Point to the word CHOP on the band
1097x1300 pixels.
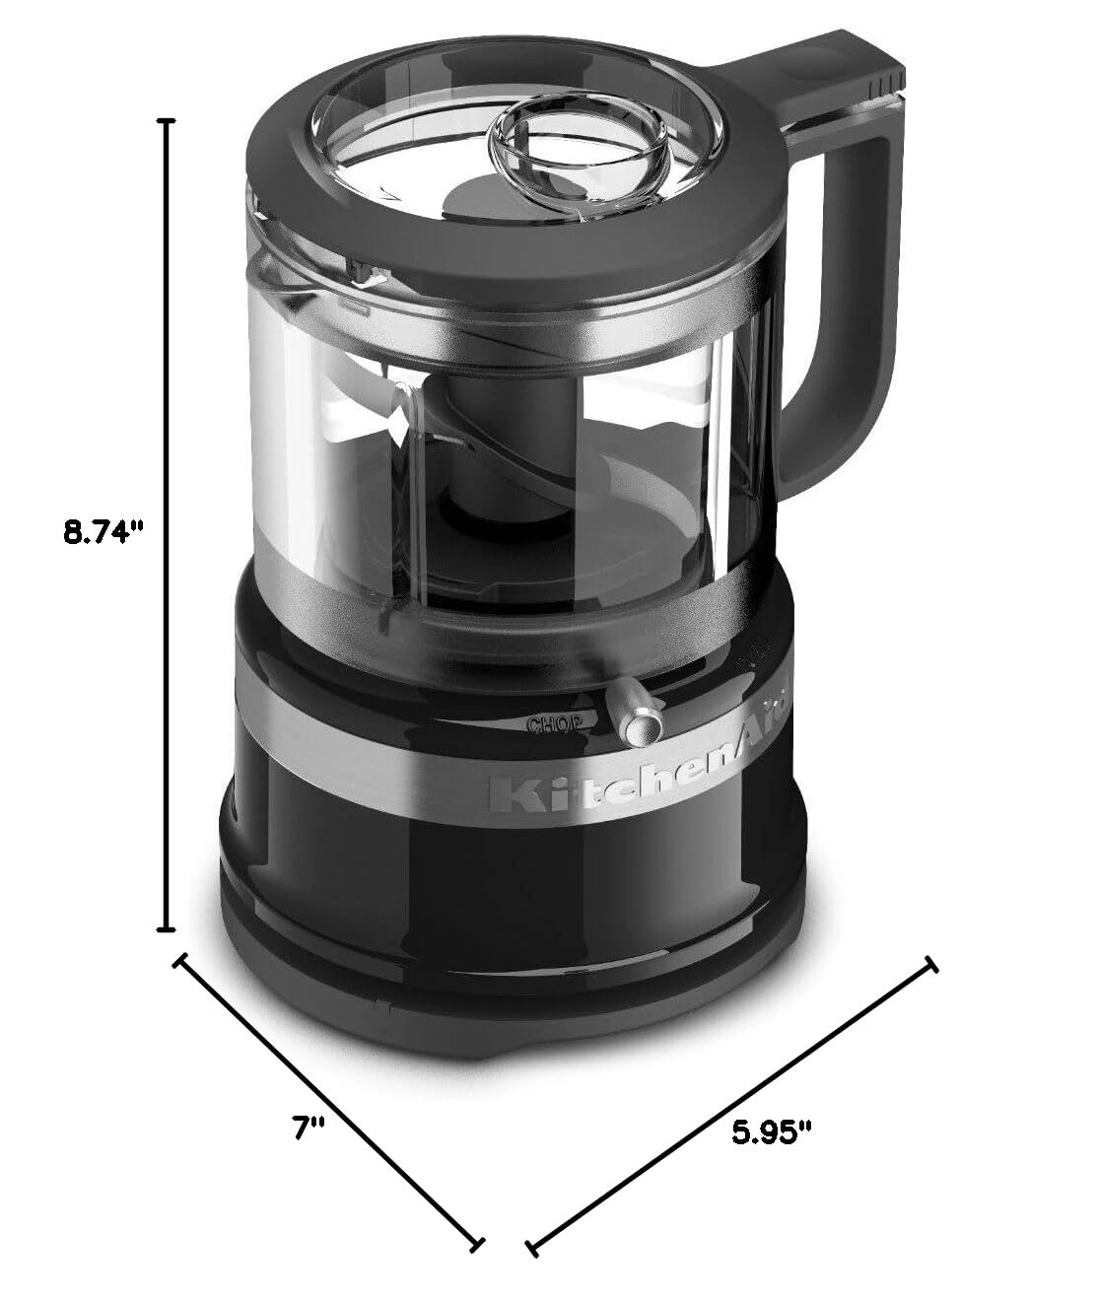557,724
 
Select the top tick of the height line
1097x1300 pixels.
168,120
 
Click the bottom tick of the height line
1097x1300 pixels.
168,928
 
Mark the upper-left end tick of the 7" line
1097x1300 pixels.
180,960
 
